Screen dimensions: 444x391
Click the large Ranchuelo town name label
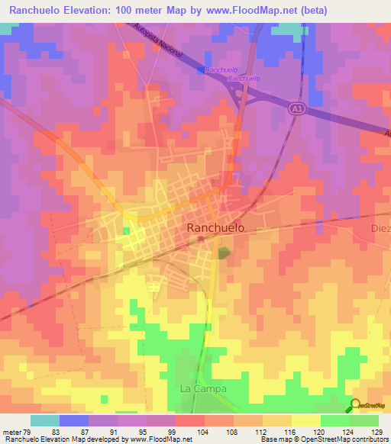(216, 227)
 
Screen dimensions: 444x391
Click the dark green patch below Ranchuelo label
(224, 253)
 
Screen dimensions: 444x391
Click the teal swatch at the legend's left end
(44, 420)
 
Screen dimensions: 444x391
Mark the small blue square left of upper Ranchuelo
(201, 69)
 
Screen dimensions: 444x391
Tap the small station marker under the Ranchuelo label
(201, 239)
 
